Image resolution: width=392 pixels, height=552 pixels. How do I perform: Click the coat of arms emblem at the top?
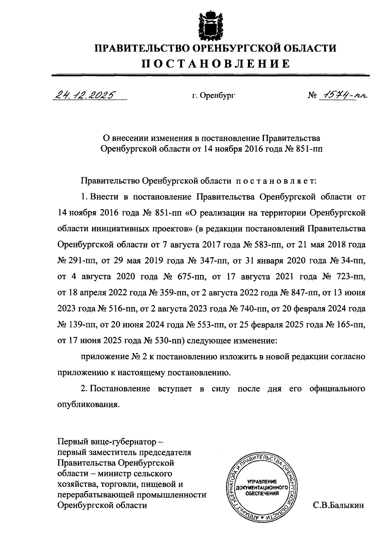coord(210,25)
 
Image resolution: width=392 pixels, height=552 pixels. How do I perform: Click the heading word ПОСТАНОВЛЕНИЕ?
coord(215,63)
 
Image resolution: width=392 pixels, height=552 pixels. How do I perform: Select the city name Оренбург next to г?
coord(218,96)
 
